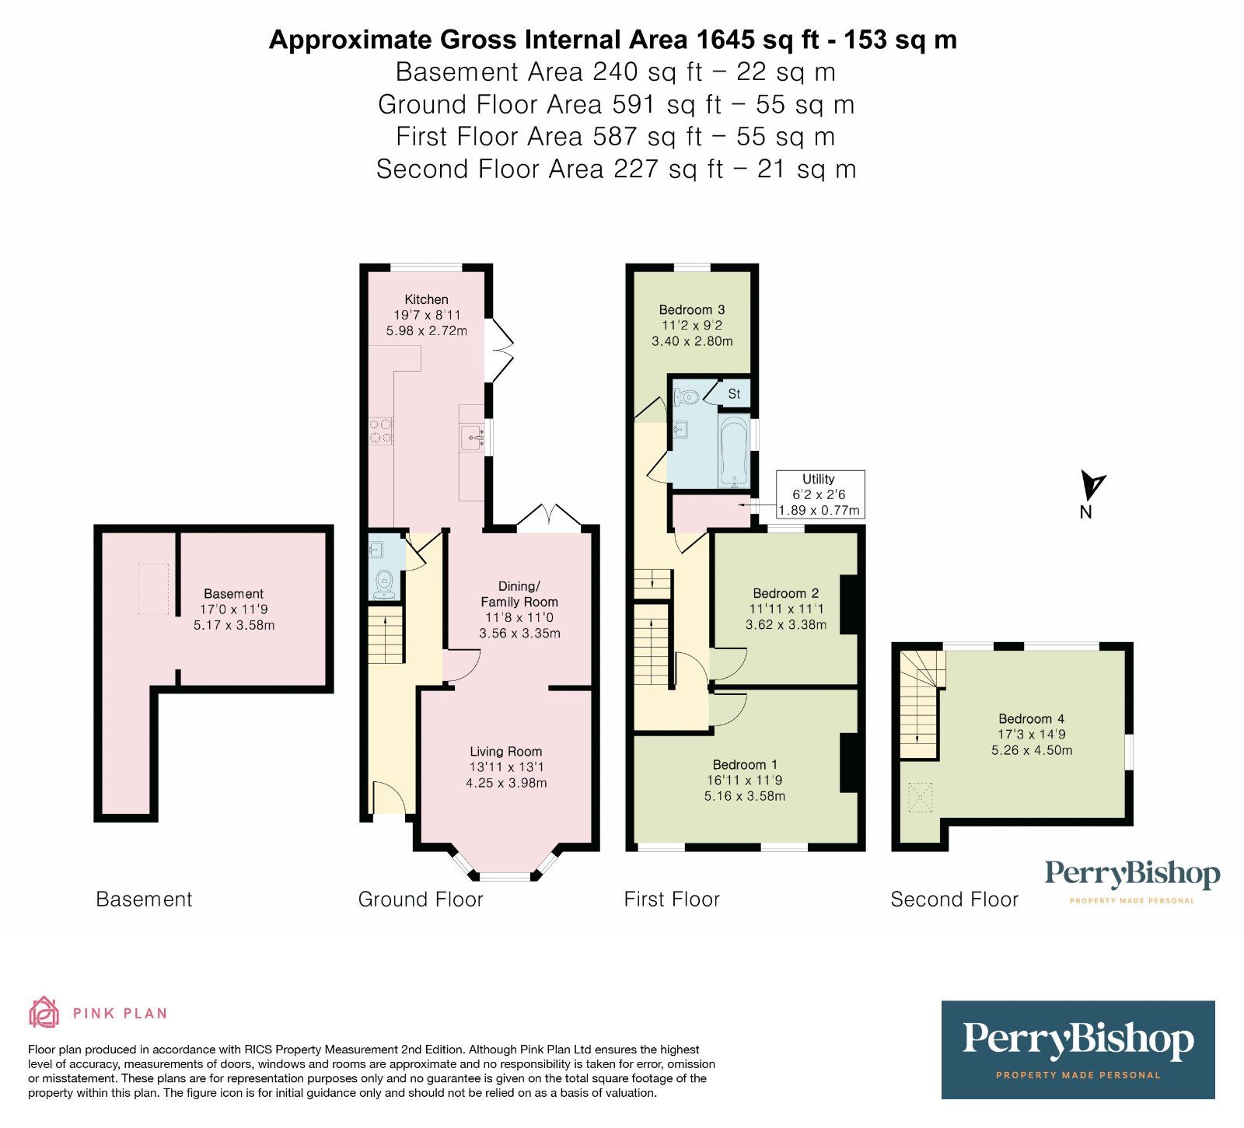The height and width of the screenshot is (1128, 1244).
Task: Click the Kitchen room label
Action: [x=426, y=299]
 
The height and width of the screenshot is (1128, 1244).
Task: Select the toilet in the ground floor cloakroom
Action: [x=383, y=582]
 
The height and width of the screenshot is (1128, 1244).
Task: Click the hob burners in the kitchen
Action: [x=380, y=431]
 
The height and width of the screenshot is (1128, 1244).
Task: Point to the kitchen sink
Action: [x=472, y=437]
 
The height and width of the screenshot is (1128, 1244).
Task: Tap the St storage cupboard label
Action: [x=734, y=394]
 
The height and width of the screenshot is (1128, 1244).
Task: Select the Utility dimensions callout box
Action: [x=819, y=494]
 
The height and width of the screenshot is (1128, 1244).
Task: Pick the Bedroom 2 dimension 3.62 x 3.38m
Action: [x=785, y=624]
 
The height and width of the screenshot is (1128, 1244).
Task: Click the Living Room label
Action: [x=505, y=752]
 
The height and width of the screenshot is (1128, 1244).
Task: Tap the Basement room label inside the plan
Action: [x=233, y=594]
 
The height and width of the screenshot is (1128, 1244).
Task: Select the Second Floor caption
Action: [x=954, y=899]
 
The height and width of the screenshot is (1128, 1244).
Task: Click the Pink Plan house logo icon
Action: [x=44, y=1012]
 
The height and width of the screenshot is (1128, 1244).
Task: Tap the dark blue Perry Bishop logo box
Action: [x=1078, y=1049]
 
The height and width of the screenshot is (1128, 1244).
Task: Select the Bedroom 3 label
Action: [x=691, y=309]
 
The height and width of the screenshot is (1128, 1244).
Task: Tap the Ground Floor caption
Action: [x=420, y=899]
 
